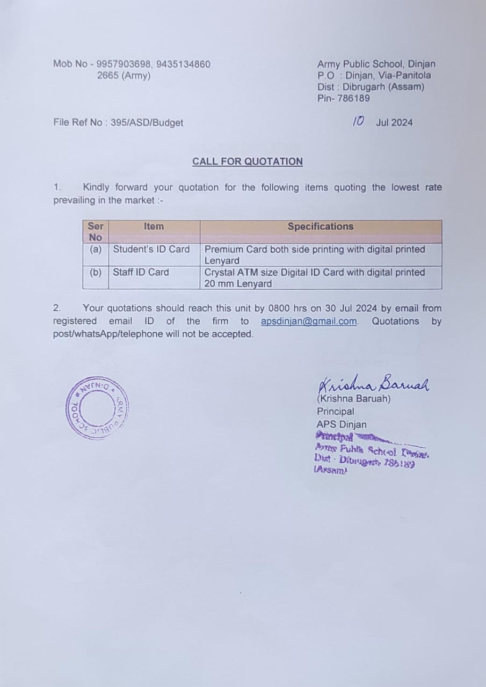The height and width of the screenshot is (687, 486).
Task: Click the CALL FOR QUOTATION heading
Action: [x=248, y=162]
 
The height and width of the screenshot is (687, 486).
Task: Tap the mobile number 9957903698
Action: [x=124, y=64]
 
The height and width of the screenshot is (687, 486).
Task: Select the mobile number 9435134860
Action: [x=184, y=64]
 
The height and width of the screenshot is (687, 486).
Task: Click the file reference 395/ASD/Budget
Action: [x=147, y=123]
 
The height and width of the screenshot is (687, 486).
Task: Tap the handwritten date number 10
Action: [x=358, y=121]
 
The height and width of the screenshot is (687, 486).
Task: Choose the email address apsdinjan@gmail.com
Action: [x=309, y=321]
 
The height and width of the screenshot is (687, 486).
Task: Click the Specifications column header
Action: [x=321, y=226]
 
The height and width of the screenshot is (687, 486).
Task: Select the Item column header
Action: [x=154, y=226]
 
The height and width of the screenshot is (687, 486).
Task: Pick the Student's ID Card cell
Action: [x=151, y=250]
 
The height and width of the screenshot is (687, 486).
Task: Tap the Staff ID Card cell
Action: [x=141, y=272]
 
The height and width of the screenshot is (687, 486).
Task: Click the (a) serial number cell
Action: [x=96, y=250]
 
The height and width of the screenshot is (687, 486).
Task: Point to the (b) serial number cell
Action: [x=96, y=272]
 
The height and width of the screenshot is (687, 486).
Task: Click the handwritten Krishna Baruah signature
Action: [x=374, y=383]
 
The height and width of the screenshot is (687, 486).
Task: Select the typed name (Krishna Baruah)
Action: [x=353, y=399]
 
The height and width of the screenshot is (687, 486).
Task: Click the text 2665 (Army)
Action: [x=124, y=76]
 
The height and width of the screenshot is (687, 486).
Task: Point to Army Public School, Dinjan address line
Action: [x=376, y=64]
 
